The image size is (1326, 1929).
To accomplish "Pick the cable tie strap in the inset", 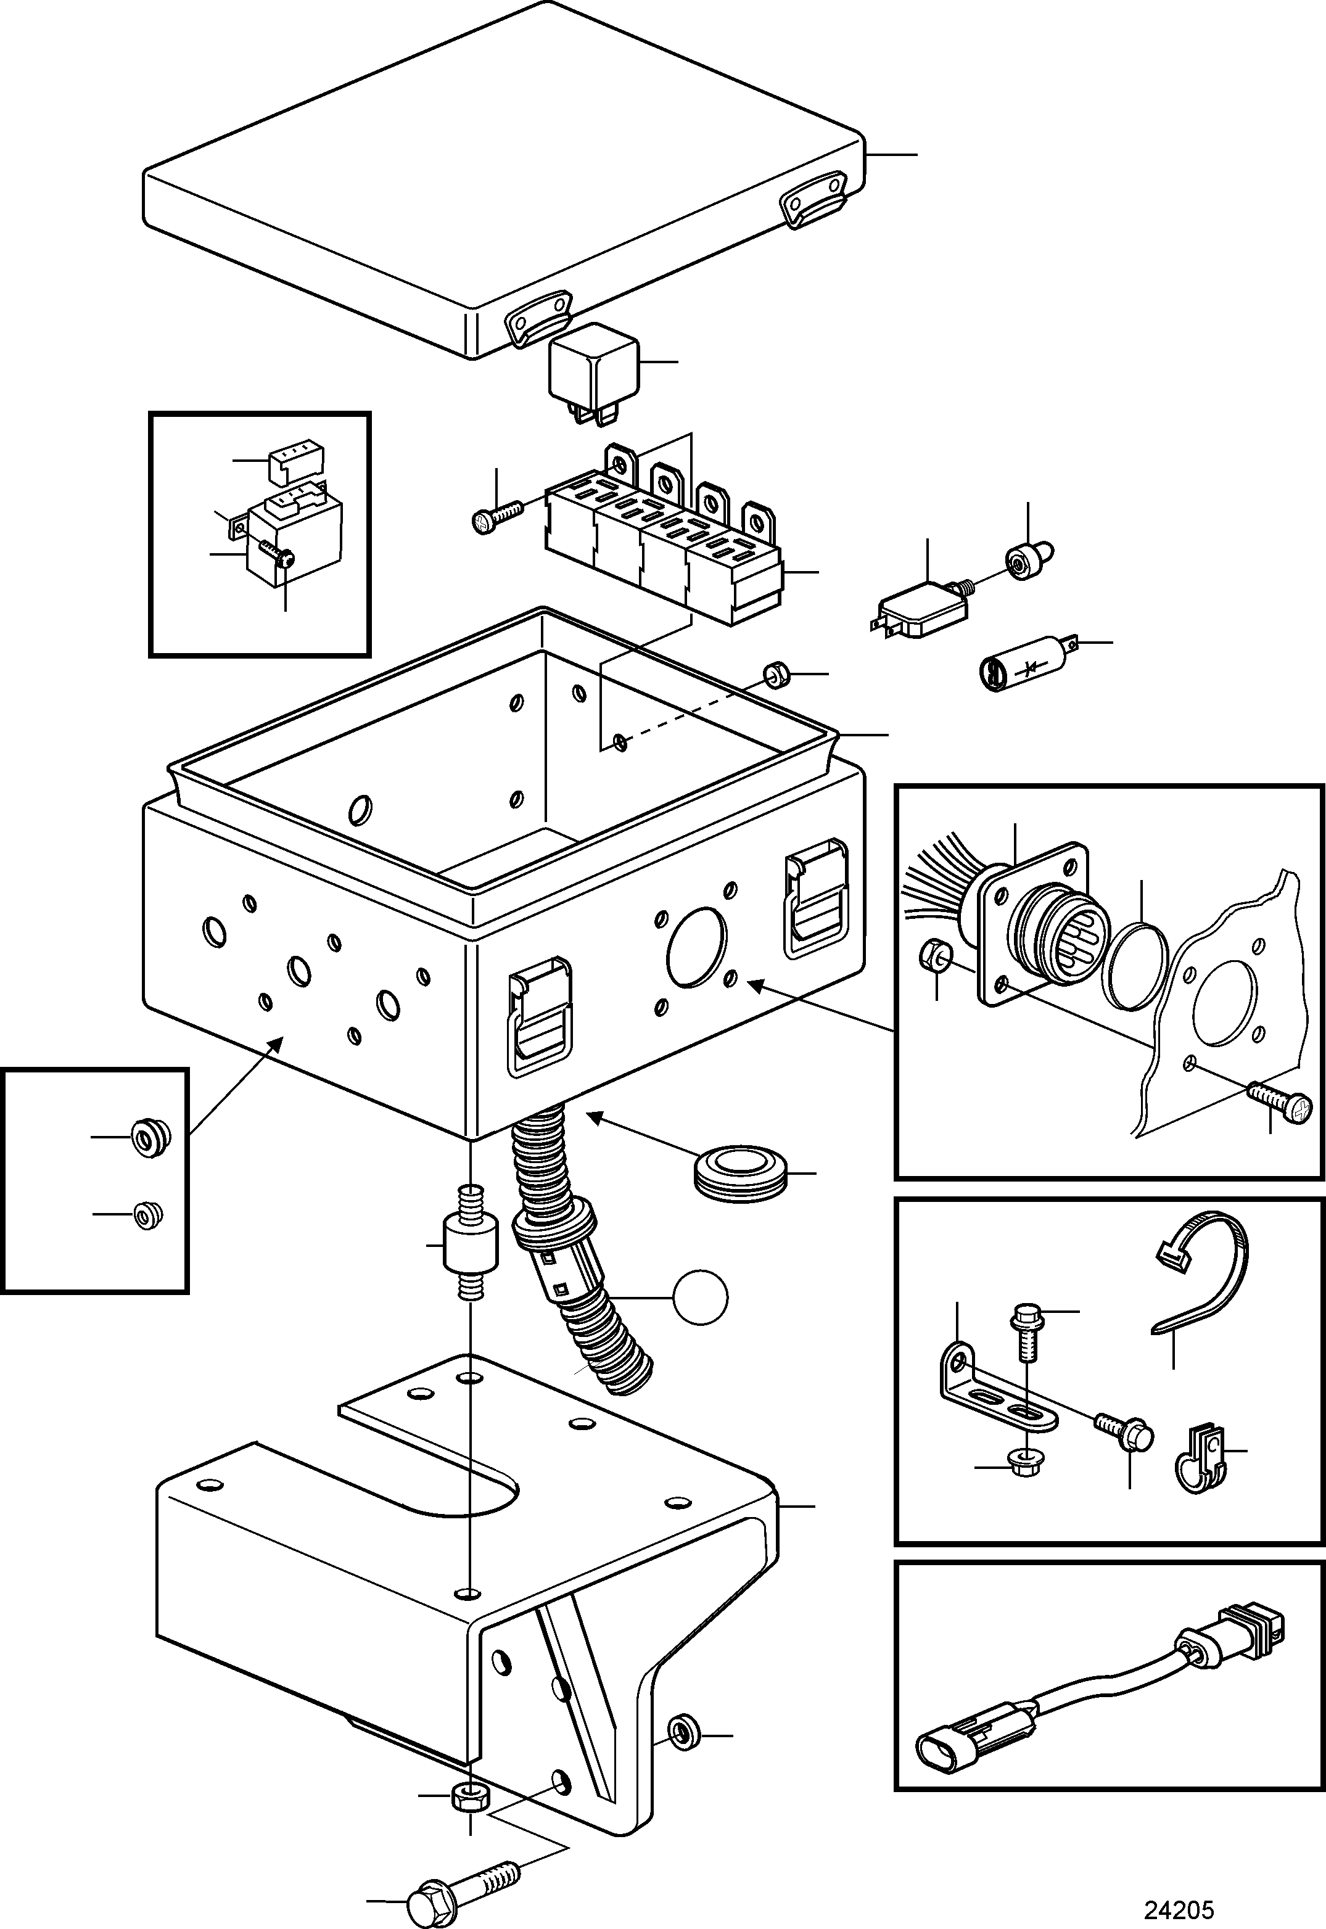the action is tap(1201, 1271).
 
